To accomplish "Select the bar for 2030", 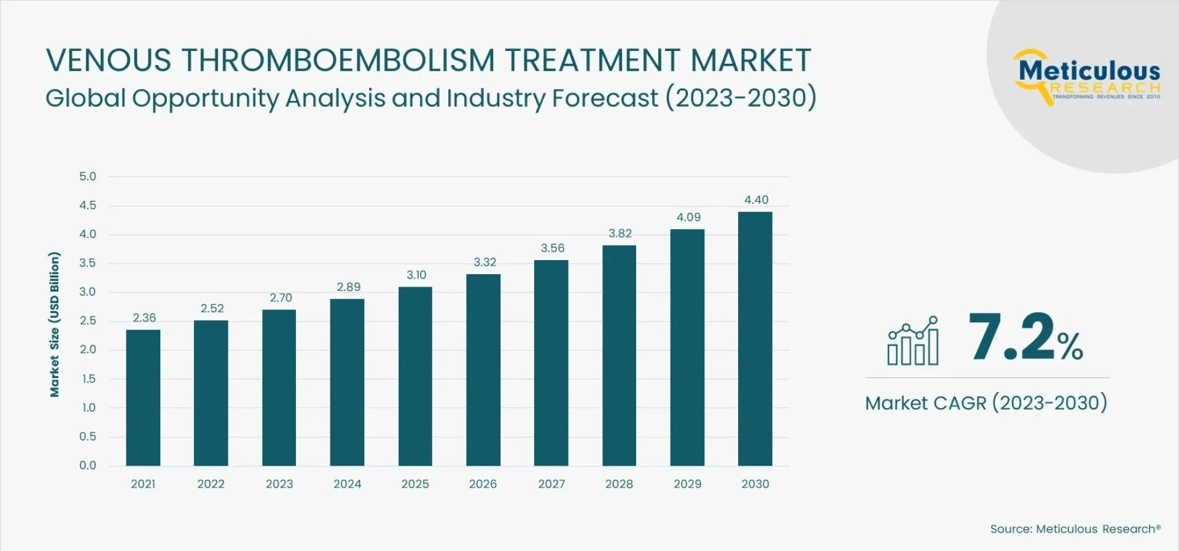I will click(x=755, y=339).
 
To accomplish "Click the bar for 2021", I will click(x=143, y=398).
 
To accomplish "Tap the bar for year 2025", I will click(x=415, y=376).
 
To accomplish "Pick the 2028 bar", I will click(x=619, y=355).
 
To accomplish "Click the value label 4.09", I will click(x=688, y=217).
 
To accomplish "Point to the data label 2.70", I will click(x=281, y=298).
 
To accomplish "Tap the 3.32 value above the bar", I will click(x=484, y=262).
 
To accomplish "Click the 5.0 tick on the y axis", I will click(x=88, y=177).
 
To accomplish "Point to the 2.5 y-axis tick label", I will click(x=88, y=321).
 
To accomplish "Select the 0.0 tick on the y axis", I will click(x=88, y=465).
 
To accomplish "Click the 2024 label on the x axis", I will click(x=347, y=484).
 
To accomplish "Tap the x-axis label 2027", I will click(x=551, y=484).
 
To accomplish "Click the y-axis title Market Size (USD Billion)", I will click(x=55, y=324).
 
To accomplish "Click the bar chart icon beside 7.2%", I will click(x=912, y=341).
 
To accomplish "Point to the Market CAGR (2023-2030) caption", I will click(x=986, y=403).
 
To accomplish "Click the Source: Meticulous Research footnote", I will click(x=1075, y=529).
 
